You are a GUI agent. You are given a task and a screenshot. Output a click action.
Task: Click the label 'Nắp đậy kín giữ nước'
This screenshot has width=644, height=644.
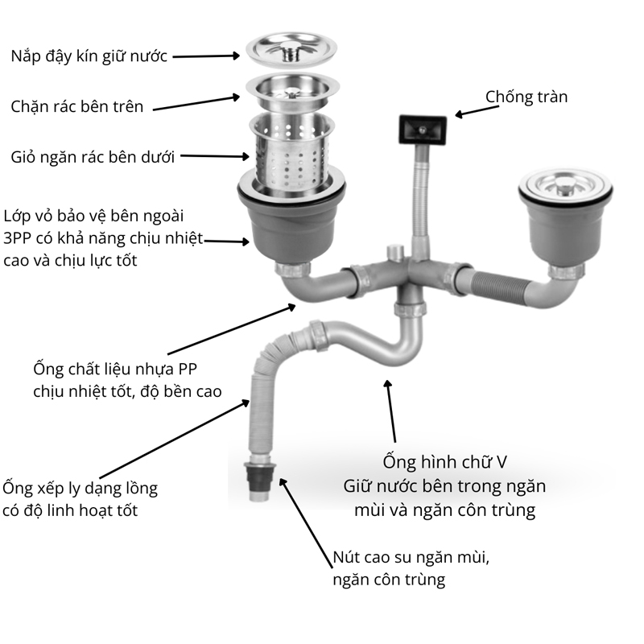pyautogui.click(x=89, y=57)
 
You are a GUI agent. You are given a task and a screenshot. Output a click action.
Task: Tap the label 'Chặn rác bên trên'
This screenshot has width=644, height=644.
pyautogui.click(x=77, y=106)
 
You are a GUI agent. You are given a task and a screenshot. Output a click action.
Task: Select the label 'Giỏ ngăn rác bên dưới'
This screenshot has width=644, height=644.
pyautogui.click(x=93, y=156)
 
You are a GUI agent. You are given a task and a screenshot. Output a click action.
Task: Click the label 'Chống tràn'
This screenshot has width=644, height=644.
pyautogui.click(x=526, y=97)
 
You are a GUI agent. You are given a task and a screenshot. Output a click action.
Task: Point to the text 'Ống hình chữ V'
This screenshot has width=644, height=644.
pyautogui.click(x=444, y=463)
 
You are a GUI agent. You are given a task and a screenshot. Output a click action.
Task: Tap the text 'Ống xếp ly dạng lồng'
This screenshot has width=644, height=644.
pyautogui.click(x=80, y=488)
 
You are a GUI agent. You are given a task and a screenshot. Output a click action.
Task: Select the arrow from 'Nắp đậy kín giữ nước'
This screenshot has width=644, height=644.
pyautogui.click(x=206, y=56)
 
